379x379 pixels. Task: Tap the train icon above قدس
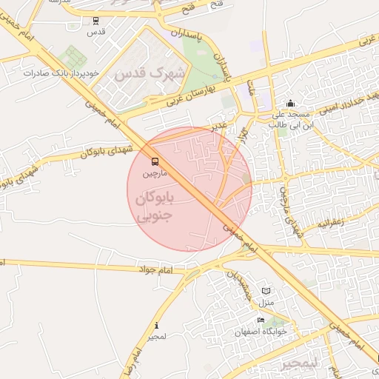click(x=95, y=21)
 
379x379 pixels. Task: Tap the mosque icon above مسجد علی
click(x=289, y=104)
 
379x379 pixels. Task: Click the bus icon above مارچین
click(x=155, y=161)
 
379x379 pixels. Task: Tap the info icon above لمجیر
click(x=156, y=326)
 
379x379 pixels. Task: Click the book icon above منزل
click(x=266, y=292)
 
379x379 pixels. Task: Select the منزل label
click(x=266, y=303)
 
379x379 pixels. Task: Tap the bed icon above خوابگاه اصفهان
click(x=261, y=320)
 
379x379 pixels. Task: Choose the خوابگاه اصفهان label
click(x=261, y=331)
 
